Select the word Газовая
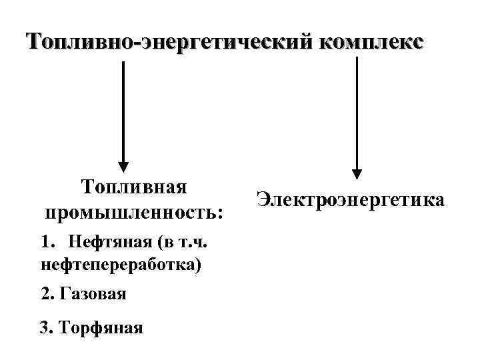(93, 293)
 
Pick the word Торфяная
(101, 327)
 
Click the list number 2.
(45, 293)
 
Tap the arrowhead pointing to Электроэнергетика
(357, 174)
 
